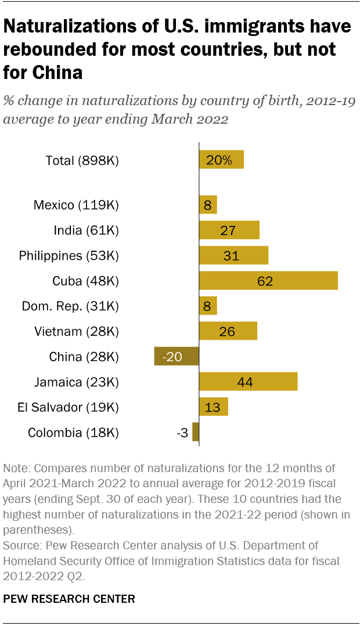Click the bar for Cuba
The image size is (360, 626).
(x=268, y=280)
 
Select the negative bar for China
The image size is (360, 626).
(x=177, y=357)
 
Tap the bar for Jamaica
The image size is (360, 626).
(x=248, y=382)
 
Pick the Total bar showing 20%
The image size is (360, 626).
(x=221, y=160)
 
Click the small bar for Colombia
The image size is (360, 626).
(x=196, y=432)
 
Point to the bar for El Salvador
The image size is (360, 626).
(x=213, y=407)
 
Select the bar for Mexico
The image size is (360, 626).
(x=208, y=204)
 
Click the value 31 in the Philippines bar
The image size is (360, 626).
(x=231, y=256)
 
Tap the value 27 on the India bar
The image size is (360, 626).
(x=228, y=231)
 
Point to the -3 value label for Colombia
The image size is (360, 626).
(x=182, y=433)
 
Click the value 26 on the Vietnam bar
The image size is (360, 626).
(x=228, y=332)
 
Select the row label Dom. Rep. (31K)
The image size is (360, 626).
(x=70, y=306)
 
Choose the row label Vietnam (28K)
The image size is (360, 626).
(x=77, y=332)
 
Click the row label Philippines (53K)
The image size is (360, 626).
(x=69, y=256)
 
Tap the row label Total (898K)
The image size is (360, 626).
(x=82, y=161)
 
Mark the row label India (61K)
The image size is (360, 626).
(x=86, y=231)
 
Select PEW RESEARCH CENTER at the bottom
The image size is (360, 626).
(x=69, y=599)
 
